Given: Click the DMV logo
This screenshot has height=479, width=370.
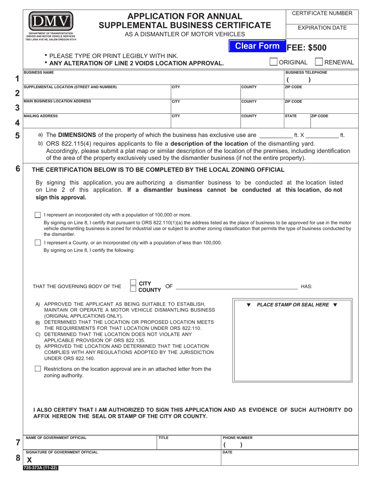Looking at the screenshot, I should click(x=50, y=23).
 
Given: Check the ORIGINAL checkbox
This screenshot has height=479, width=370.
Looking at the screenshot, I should click(x=274, y=62).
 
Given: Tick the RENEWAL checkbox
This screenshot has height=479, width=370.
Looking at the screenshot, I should click(x=318, y=62).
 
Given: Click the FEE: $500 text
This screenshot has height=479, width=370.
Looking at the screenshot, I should click(x=307, y=48).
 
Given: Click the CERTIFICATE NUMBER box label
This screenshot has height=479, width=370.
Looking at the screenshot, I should click(x=322, y=13).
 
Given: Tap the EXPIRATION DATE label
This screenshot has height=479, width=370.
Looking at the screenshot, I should click(x=322, y=28).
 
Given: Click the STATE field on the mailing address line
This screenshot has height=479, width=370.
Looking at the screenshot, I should click(x=297, y=123).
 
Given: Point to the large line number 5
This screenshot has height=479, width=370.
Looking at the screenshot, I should click(x=17, y=136).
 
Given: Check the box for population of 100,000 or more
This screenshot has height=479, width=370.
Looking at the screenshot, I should click(x=38, y=215).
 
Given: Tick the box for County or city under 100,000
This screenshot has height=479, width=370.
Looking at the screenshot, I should click(x=38, y=243).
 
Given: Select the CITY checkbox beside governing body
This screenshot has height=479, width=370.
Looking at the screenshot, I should click(x=133, y=283).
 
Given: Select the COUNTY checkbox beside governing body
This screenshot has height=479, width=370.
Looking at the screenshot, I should click(x=133, y=289).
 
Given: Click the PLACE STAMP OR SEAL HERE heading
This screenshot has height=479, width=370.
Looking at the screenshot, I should click(x=292, y=305).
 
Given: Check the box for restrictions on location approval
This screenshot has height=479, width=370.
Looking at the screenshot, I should click(x=38, y=368).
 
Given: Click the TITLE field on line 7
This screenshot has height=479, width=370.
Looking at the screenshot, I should click(x=189, y=444).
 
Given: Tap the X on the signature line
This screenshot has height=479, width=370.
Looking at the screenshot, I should click(x=29, y=460).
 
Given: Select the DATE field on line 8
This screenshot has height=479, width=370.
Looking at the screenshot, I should click(x=289, y=460).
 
